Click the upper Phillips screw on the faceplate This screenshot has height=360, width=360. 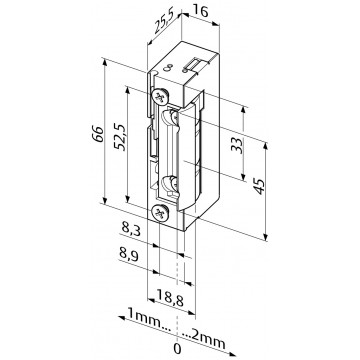coord(160,98)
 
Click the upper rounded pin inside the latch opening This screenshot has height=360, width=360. coord(176,119)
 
